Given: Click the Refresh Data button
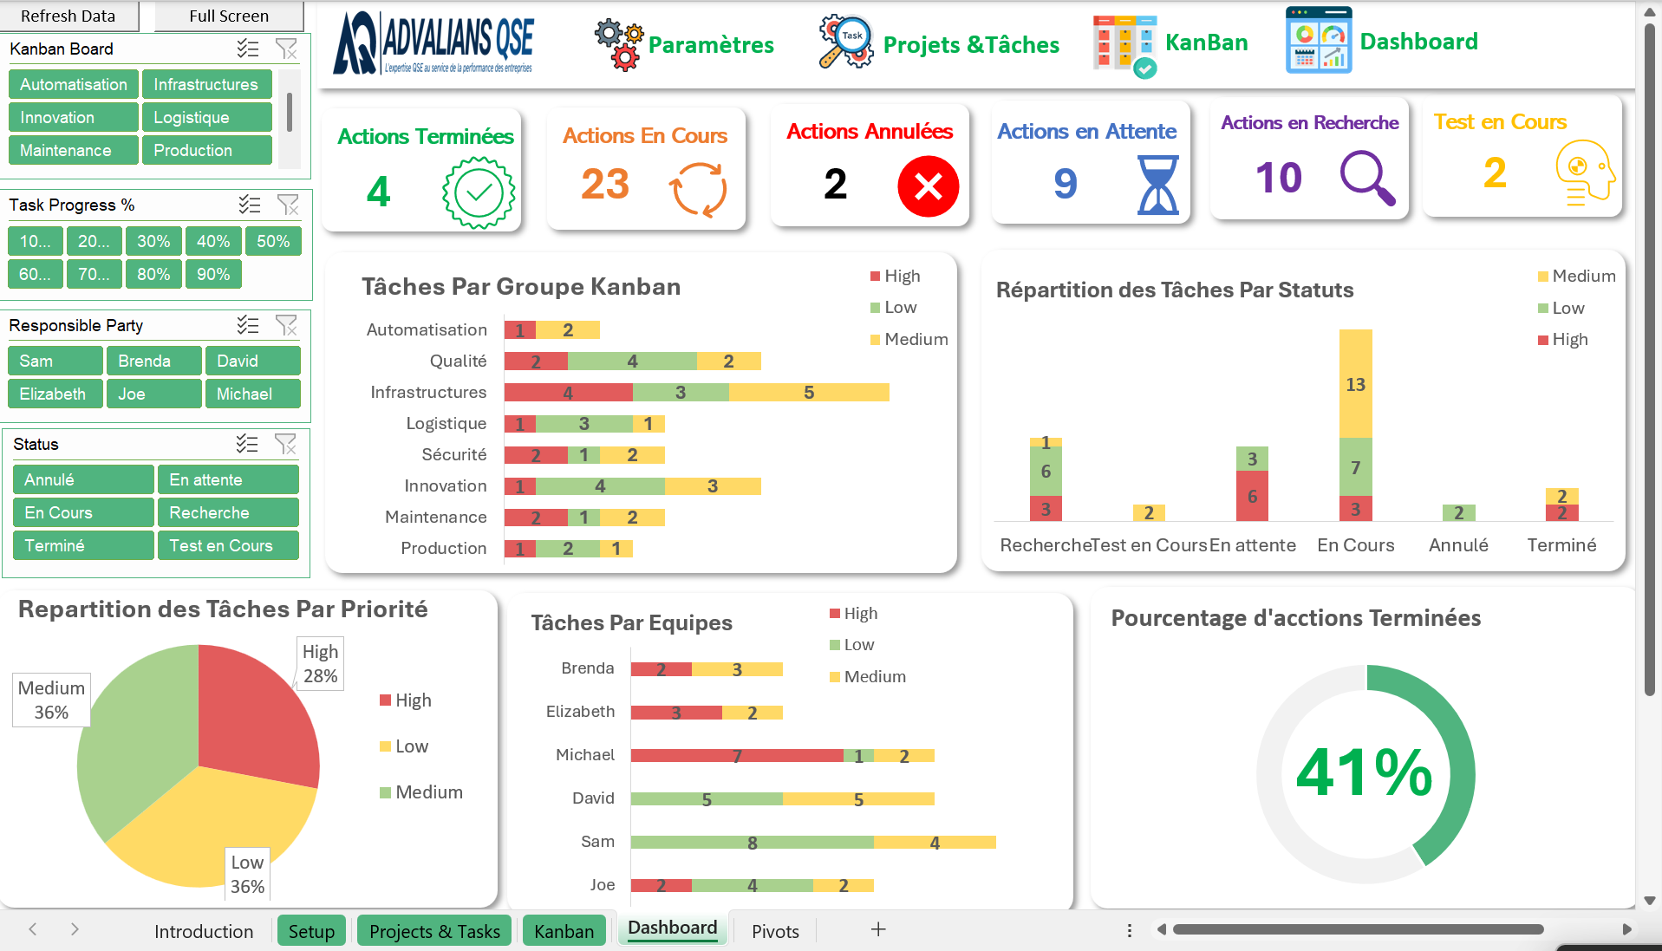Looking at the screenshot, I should coord(68,16).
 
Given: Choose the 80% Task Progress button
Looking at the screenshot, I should coord(153,274).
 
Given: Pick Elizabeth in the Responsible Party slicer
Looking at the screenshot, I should coord(54,394).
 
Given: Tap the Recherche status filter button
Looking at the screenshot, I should coord(227,512).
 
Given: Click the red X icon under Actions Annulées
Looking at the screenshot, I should coord(928,186).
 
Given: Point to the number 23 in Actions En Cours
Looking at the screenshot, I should coord(605,184).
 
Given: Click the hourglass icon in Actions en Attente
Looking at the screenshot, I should coord(1157,185).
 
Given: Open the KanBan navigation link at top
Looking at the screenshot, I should coord(1205,42).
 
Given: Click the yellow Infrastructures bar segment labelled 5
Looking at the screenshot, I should coord(808,393).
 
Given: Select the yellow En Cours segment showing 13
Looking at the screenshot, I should coord(1355,383).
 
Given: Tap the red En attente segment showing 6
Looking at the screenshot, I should coord(1252,496).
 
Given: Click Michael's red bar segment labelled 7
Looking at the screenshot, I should coord(736,756).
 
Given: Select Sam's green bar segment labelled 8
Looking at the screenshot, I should coord(752,843).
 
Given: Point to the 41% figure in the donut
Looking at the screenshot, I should coord(1364,772).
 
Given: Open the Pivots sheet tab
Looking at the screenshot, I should coord(775,931).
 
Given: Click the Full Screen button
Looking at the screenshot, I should coord(229,16).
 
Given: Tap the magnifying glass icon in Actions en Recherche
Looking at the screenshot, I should coord(1367,178).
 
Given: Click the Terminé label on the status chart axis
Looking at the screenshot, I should coord(1561,545).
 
